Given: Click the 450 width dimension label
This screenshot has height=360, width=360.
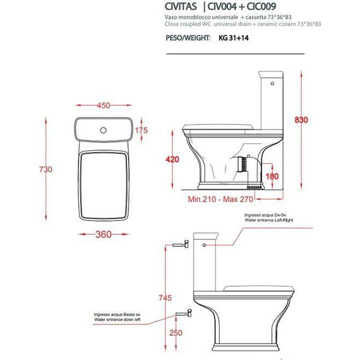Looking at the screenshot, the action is pos(104,105).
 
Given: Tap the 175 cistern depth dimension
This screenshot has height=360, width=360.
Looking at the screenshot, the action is pos(141,130).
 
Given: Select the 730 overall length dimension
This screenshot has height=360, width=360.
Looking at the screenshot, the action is pos(45,169).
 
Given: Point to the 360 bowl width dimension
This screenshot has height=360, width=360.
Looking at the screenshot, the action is pos(104,234).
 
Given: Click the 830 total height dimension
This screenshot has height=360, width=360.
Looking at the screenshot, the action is pos(301,120).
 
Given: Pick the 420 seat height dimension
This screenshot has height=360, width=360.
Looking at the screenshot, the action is pos(172,159).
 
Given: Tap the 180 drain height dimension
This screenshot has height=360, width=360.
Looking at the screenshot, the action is pos(272,176).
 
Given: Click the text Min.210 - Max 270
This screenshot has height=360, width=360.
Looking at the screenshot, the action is pos(220,199).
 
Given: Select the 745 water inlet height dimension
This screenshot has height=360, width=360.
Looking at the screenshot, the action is pos(165,298).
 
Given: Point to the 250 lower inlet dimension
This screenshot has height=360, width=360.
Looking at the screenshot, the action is pos(176,333).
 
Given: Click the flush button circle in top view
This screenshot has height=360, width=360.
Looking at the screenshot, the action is pos(104,130).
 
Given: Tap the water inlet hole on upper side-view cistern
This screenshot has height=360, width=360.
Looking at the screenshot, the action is pos(272,83).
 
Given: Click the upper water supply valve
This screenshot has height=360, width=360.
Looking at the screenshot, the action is pos(181,244).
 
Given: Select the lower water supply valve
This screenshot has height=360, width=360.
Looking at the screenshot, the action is pos(184,313).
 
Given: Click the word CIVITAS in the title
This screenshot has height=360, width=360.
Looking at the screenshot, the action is pos(181,6).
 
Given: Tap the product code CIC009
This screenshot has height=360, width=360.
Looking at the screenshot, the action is pos(261,6).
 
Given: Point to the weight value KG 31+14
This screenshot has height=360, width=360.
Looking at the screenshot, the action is pos(234,38).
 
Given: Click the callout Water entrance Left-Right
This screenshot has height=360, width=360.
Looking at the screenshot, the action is pos(269,220).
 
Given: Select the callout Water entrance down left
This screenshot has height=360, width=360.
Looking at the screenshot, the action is pos(117,320).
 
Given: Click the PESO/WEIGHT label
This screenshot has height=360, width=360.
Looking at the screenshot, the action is pos(188,38).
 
